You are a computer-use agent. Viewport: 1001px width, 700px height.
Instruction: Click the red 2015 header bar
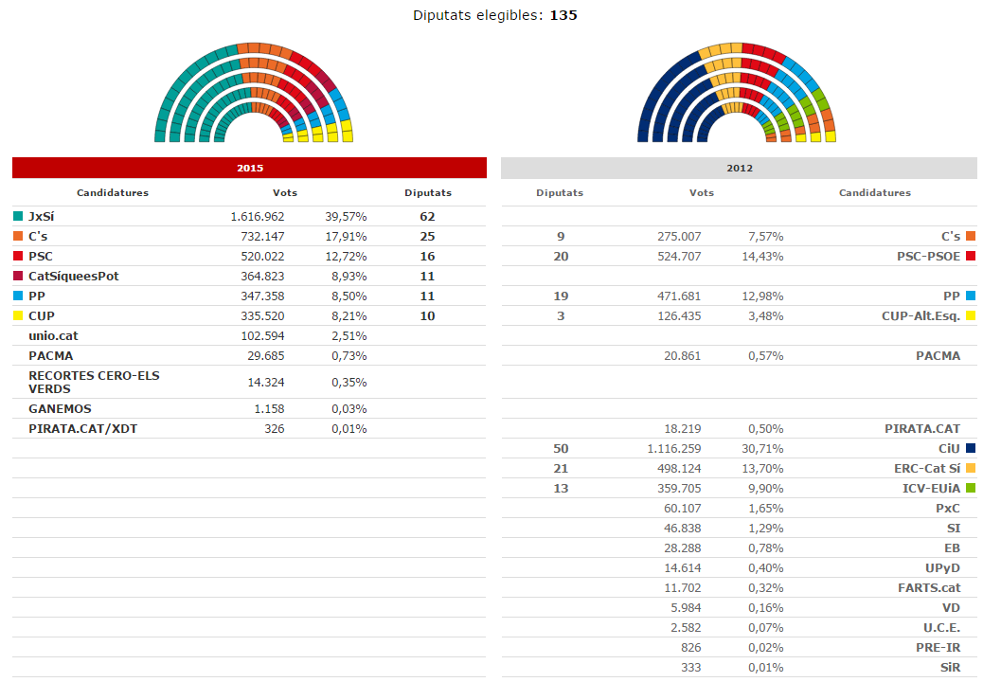click(249, 168)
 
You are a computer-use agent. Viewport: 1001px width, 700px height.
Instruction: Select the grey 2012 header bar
click(739, 168)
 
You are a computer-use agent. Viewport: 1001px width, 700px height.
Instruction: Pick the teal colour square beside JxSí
click(19, 216)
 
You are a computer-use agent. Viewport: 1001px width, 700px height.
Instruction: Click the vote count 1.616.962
click(257, 216)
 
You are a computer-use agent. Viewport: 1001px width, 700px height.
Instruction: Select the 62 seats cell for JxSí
click(427, 216)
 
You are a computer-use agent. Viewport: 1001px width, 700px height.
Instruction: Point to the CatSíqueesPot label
click(73, 276)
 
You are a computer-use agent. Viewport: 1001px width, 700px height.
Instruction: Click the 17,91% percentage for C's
click(349, 236)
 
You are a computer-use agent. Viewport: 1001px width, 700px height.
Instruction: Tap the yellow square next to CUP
click(19, 315)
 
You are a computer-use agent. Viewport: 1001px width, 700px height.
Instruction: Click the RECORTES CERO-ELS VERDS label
click(94, 382)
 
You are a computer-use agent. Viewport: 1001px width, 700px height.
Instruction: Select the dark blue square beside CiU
click(971, 448)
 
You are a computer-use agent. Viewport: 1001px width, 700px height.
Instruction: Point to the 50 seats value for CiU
click(560, 448)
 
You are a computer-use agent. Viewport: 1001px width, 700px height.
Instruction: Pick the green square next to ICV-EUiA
click(971, 488)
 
